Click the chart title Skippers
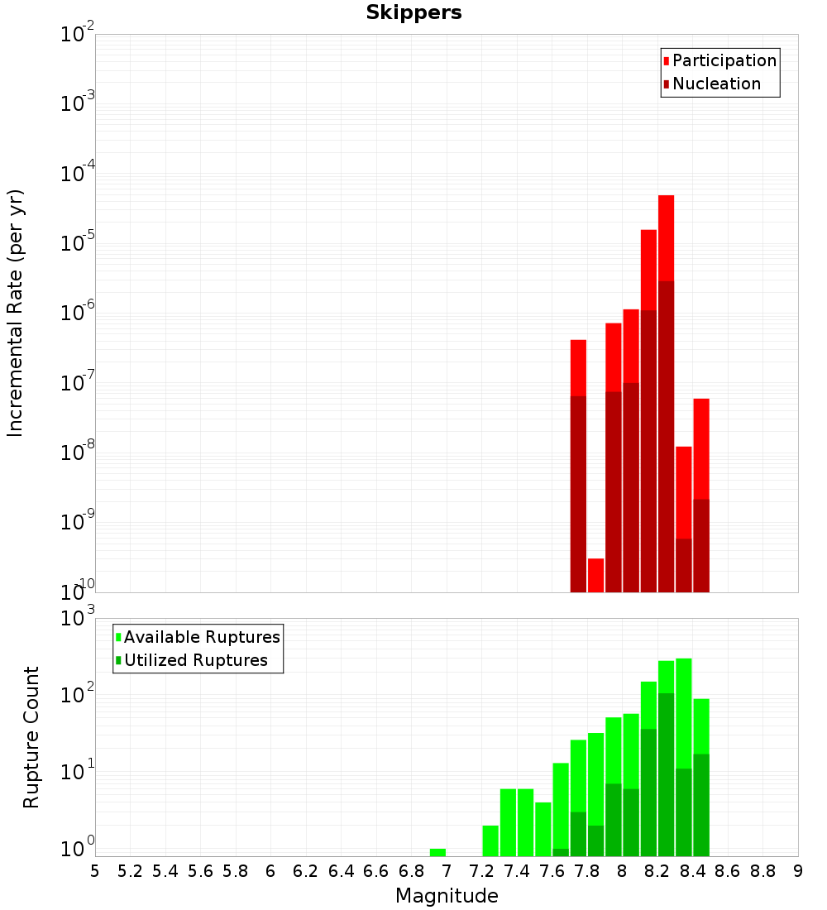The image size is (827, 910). pos(413,12)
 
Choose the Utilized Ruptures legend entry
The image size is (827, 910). pos(195,660)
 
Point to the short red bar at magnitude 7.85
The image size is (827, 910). pos(595,575)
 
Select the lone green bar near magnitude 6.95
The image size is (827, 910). pos(437,852)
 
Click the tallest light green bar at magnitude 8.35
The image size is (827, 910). pos(683,711)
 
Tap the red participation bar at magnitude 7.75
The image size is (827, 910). pos(578,368)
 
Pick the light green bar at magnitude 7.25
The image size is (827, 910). pos(490,841)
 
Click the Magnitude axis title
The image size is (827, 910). pos(447,896)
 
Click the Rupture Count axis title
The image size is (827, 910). pos(31,737)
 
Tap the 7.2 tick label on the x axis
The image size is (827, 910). pos(481,870)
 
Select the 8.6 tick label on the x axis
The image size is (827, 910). pos(728,870)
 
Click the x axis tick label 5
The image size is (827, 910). pos(95,870)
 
